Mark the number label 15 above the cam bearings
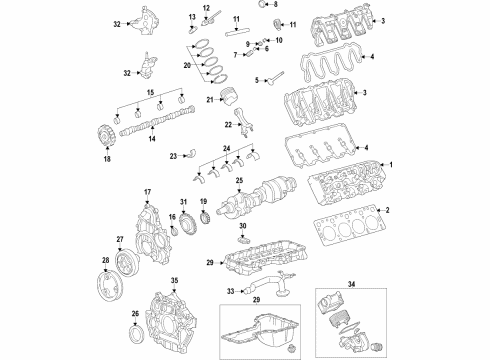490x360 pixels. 151,92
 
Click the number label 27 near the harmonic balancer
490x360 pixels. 120,239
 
